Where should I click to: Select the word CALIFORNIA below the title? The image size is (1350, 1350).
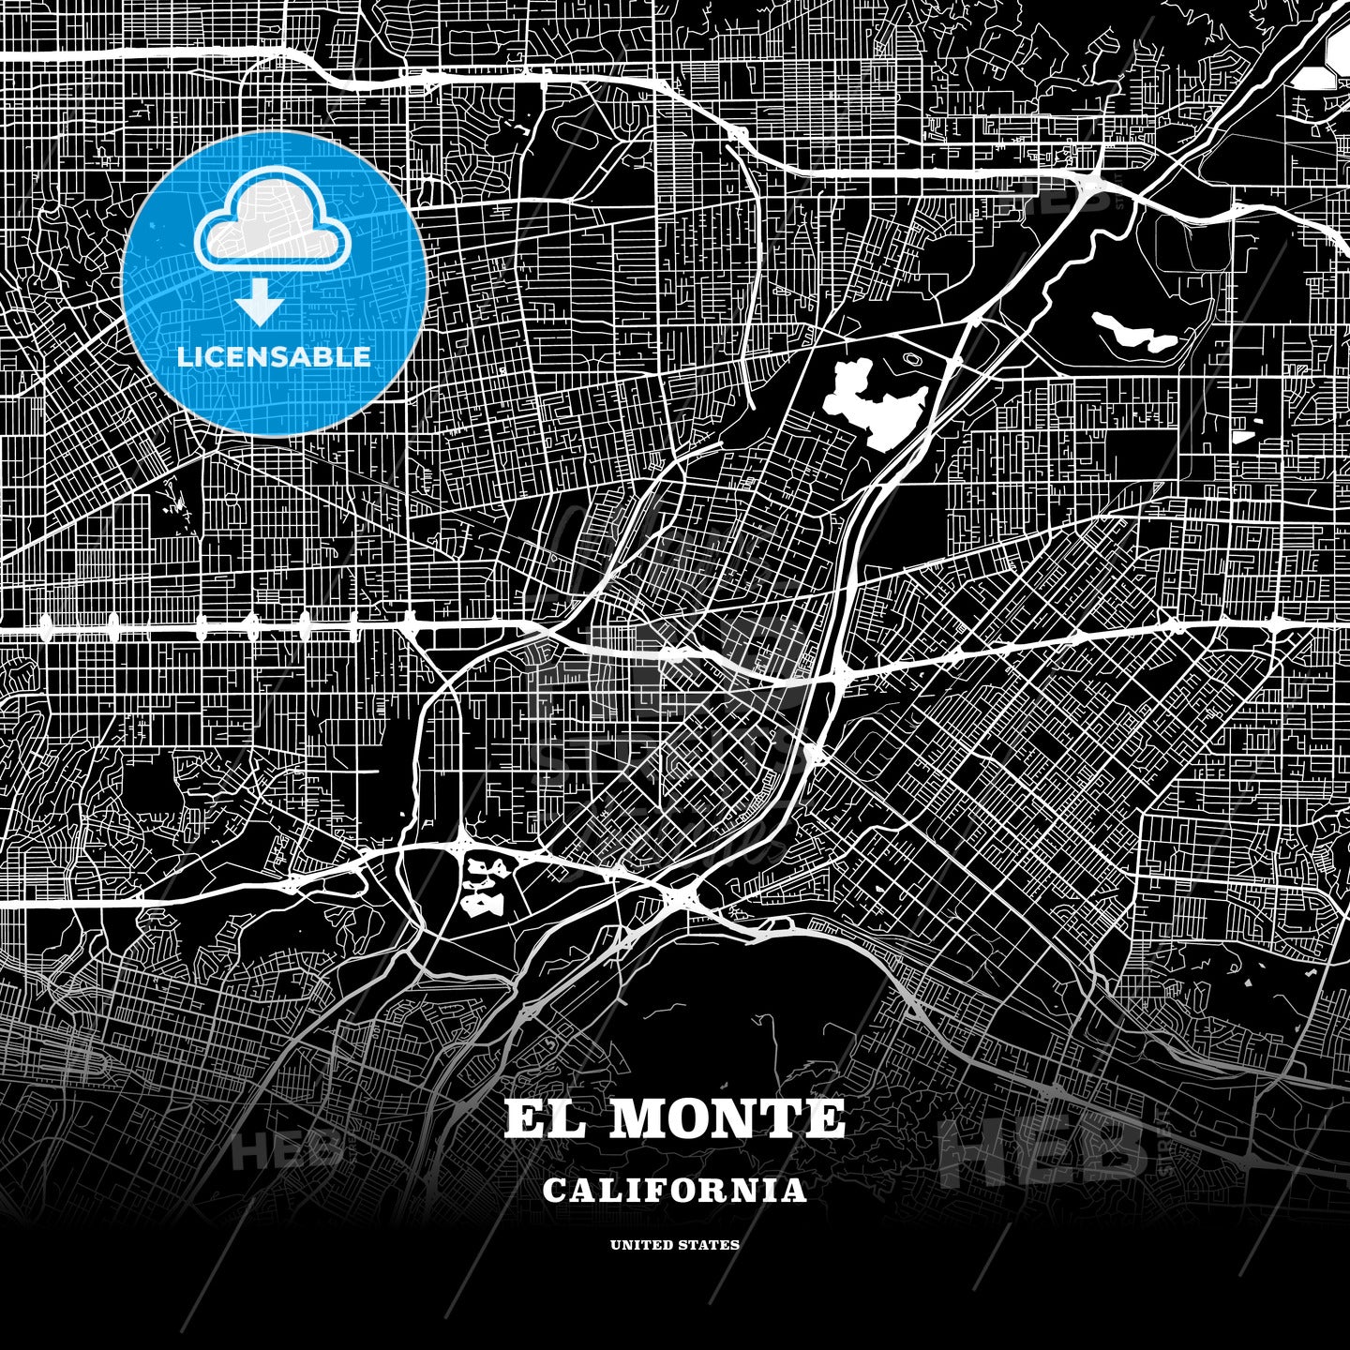pyautogui.click(x=674, y=1191)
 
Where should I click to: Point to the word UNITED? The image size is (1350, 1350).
pyautogui.click(x=640, y=1245)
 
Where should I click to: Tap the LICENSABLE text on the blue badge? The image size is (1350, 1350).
pyautogui.click(x=274, y=356)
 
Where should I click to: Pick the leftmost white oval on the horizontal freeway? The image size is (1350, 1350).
pyautogui.click(x=43, y=622)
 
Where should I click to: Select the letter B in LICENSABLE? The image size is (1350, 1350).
pyautogui.click(x=321, y=356)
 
